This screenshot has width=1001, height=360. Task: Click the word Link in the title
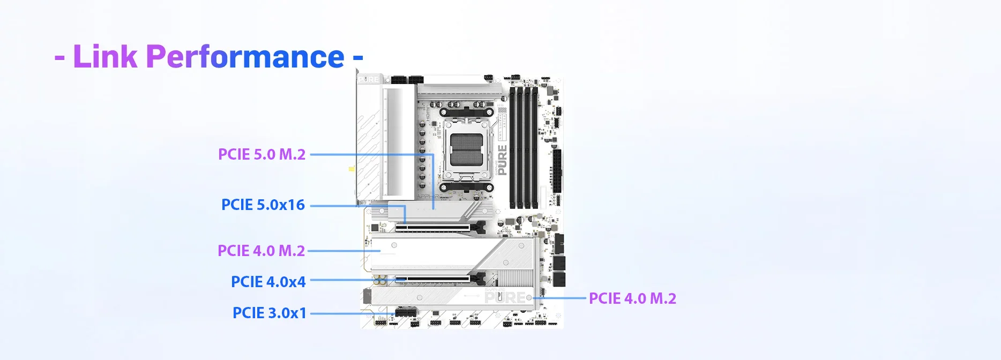coord(105,56)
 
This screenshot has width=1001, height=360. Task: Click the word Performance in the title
coord(245,56)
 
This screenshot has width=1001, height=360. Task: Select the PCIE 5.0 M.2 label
coord(262,154)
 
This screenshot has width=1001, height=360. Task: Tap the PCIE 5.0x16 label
coord(263,205)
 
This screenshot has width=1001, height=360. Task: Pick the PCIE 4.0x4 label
coord(268,282)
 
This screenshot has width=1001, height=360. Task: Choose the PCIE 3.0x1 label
coord(270,313)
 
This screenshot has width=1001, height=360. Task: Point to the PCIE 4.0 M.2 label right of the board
coord(632,298)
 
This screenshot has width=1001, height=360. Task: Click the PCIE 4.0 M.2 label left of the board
coord(261,251)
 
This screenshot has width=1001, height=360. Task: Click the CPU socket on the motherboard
coord(466,150)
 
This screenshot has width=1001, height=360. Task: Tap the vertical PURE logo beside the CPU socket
coord(502,160)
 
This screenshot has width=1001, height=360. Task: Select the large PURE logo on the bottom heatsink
coord(505,297)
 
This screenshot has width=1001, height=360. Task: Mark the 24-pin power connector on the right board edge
coord(558,170)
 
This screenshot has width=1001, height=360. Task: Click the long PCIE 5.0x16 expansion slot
coord(433,228)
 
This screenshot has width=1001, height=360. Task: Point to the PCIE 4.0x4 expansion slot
coord(433,279)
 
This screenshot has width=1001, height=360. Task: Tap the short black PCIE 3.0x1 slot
coord(406,312)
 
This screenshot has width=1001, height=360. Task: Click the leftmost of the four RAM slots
coord(512,147)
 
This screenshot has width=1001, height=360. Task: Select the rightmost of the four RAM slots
coord(534,147)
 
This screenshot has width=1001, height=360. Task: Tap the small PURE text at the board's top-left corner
coord(369,79)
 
